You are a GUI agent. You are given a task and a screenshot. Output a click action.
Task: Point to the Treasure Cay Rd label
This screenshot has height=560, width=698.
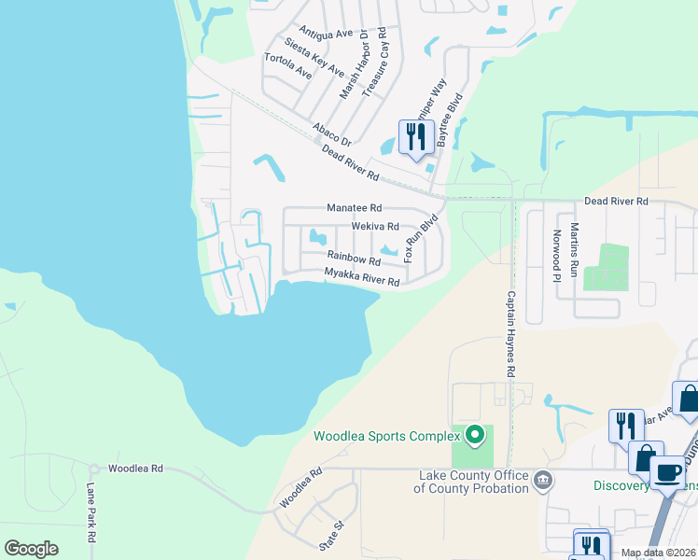point(375,63)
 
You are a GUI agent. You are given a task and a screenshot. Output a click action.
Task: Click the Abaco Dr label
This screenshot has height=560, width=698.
point(331,133)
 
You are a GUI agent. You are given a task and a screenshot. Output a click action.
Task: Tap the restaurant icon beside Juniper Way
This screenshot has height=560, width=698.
point(413,137)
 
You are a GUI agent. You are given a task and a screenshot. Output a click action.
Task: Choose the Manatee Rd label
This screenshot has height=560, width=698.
point(354,208)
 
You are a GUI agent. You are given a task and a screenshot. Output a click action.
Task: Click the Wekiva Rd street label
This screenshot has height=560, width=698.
point(375,226)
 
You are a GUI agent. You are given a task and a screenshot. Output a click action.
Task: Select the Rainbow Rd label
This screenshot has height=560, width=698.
point(353,258)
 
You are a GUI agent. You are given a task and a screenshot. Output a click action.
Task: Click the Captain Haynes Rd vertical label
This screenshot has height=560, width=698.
point(511,333)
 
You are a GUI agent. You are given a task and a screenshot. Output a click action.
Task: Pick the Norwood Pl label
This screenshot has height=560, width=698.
point(557,254)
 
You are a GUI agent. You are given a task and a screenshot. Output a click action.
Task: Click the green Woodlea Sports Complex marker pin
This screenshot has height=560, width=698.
point(475,435)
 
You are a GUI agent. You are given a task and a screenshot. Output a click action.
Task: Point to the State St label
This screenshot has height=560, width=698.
point(329,539)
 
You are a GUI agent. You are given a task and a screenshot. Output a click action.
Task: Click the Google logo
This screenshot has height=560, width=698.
point(31,549)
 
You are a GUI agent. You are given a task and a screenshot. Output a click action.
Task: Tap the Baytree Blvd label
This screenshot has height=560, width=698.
point(455,125)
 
